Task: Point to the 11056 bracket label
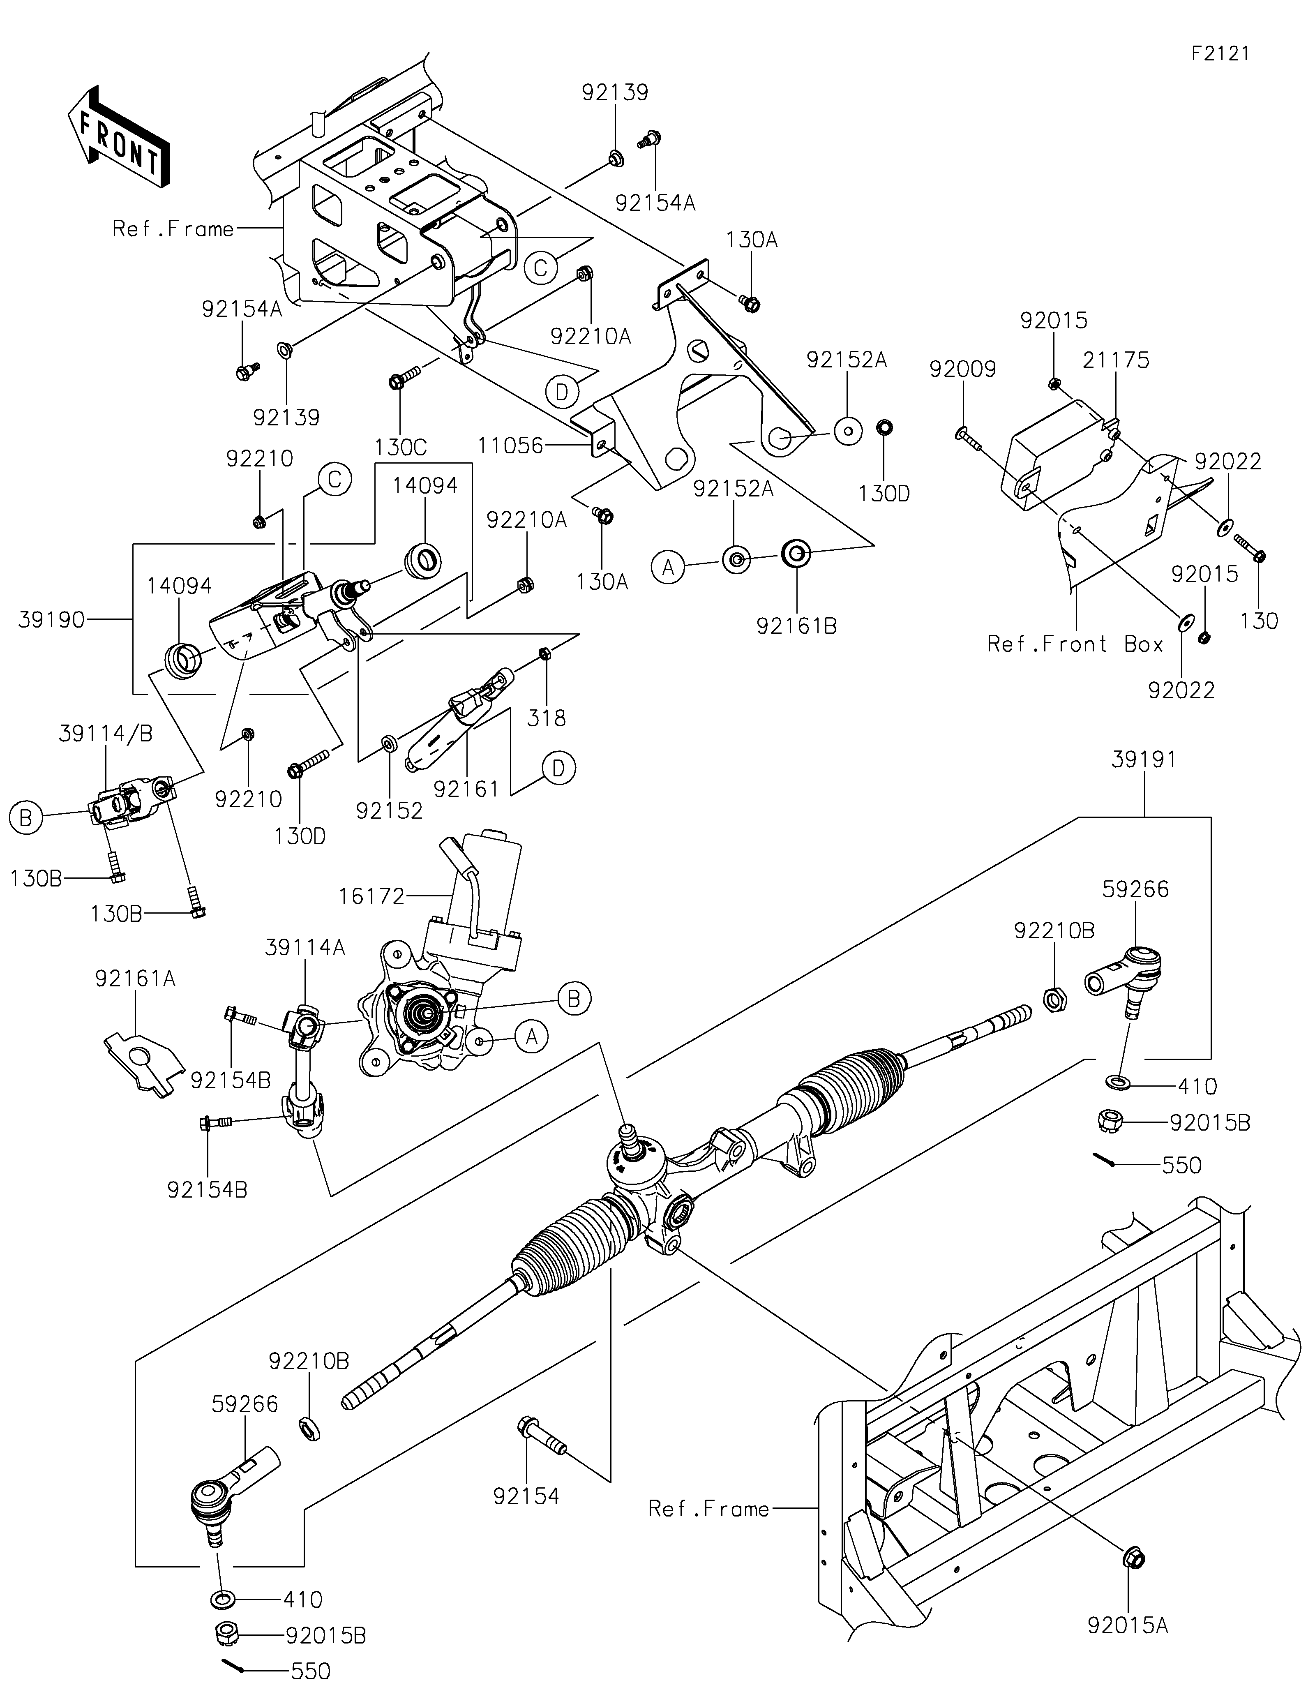tap(510, 446)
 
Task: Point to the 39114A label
tap(305, 948)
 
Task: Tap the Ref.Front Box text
tap(1075, 644)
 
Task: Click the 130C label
tap(401, 447)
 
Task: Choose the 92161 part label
tap(466, 789)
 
